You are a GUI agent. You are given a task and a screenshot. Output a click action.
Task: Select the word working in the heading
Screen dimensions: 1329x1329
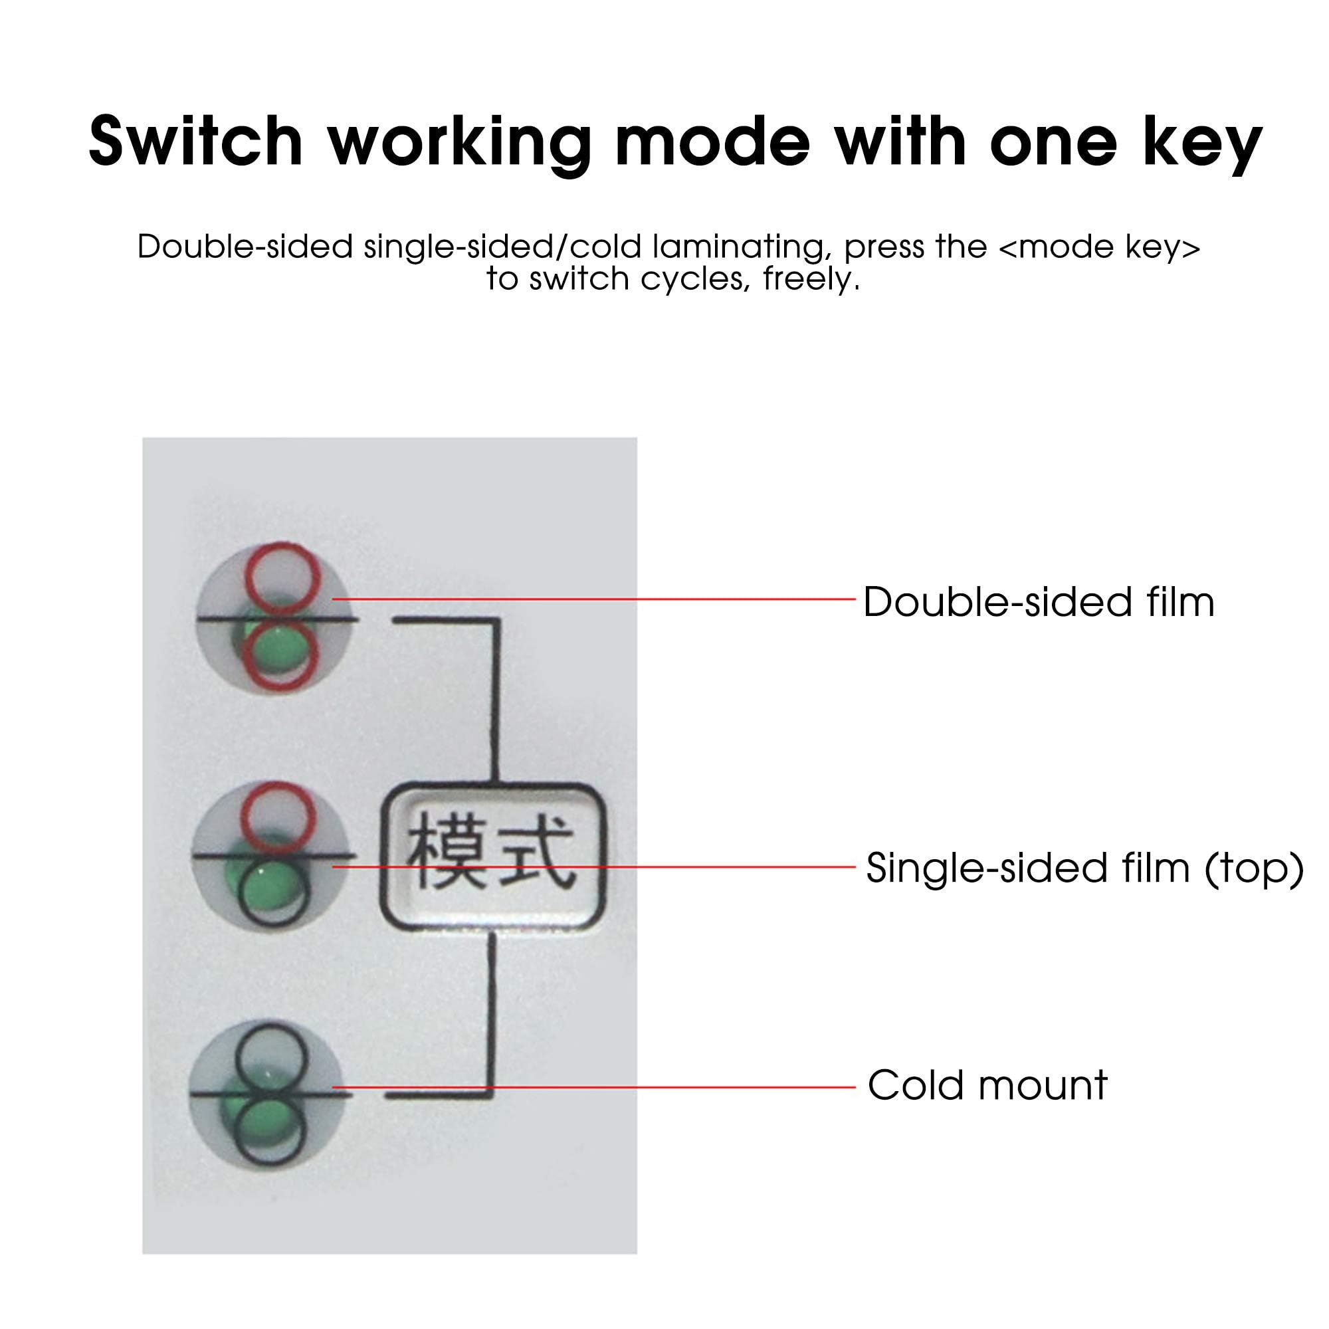click(x=460, y=146)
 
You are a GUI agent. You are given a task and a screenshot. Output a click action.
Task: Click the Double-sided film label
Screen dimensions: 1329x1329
click(x=1039, y=603)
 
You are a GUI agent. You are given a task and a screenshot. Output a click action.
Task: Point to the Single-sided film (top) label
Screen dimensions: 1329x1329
click(x=1085, y=868)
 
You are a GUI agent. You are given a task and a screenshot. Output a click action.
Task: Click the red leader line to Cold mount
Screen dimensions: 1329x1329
click(x=593, y=1088)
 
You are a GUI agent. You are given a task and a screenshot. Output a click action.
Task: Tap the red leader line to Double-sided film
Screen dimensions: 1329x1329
click(x=593, y=599)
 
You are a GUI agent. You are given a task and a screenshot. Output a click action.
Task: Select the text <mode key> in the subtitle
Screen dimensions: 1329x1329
click(x=1099, y=247)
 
